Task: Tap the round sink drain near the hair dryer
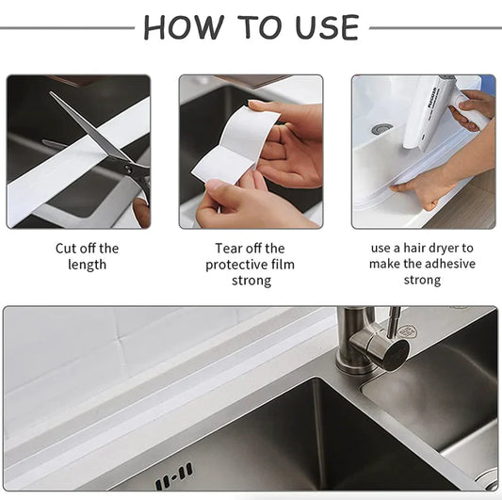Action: (x=381, y=128)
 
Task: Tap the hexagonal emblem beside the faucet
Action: (x=407, y=331)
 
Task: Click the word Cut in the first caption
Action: (x=67, y=249)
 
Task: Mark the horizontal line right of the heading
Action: (x=434, y=28)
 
